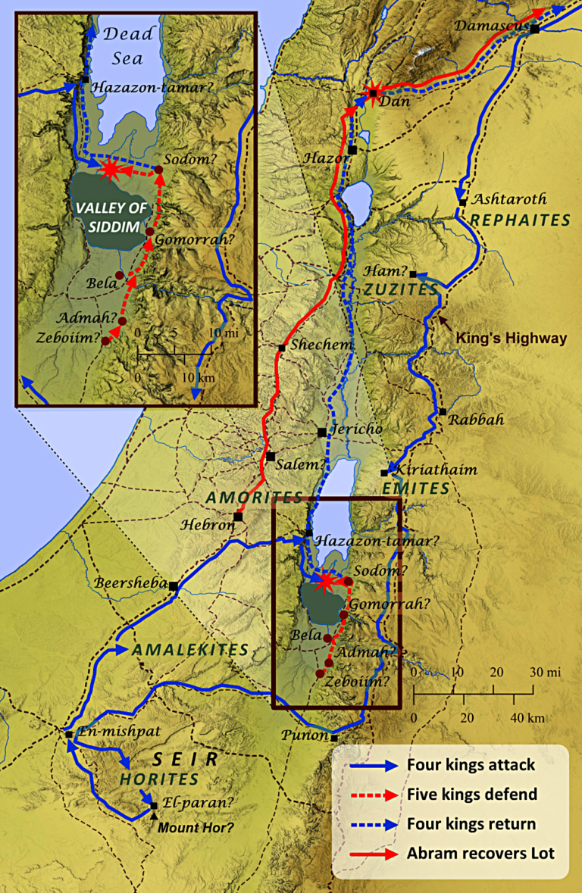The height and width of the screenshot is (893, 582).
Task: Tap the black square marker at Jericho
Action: (x=322, y=432)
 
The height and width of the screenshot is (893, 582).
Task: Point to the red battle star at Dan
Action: (x=372, y=93)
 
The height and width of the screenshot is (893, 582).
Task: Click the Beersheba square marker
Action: (x=174, y=585)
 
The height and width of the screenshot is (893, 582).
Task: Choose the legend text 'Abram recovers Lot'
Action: (x=480, y=854)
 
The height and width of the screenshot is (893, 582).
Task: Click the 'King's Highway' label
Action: (x=512, y=339)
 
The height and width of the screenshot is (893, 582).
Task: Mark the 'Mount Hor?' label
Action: (x=195, y=827)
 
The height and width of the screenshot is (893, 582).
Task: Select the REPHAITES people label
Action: (x=520, y=220)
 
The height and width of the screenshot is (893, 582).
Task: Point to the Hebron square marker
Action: (x=238, y=517)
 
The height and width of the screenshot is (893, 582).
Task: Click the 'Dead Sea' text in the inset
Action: (x=129, y=43)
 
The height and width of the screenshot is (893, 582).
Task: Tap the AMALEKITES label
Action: (x=190, y=650)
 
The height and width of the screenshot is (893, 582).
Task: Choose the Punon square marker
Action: (x=333, y=738)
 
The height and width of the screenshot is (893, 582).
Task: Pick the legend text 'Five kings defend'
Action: (x=471, y=795)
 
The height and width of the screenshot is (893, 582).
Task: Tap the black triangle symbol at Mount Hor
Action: (x=155, y=816)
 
